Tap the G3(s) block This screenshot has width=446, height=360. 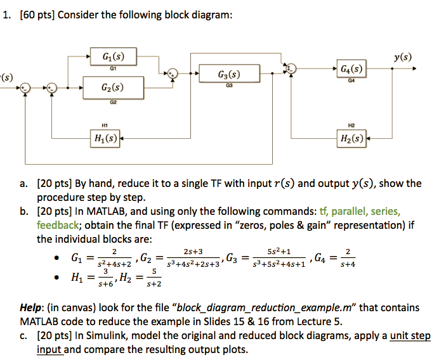point(221,73)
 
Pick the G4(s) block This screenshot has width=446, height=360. point(350,67)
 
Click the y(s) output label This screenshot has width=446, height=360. point(402,57)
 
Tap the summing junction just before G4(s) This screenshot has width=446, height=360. point(291,68)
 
